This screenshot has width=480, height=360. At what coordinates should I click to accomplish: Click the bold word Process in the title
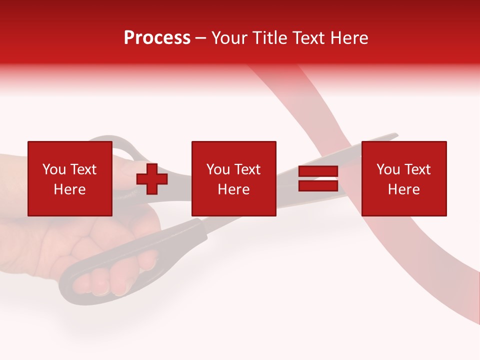click(x=157, y=38)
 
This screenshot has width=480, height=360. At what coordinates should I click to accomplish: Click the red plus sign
click(x=152, y=179)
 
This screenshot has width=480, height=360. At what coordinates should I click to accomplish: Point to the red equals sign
click(x=318, y=179)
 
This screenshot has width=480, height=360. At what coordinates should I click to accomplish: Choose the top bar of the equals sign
click(x=318, y=172)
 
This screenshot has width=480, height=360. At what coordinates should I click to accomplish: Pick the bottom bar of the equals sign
click(x=318, y=186)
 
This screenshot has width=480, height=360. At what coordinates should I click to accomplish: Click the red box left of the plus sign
click(x=69, y=178)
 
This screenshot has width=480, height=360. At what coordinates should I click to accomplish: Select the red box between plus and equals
click(x=233, y=178)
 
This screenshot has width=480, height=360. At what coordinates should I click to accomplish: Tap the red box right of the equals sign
click(x=403, y=178)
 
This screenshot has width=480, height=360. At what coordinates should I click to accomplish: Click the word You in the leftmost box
click(x=53, y=169)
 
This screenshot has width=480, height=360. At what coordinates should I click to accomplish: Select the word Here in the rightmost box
click(x=403, y=189)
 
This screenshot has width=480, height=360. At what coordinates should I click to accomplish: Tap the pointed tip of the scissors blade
click(x=396, y=134)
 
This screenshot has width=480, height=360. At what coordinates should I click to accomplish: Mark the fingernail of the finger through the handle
click(x=102, y=287)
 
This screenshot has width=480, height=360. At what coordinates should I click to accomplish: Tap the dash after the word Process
click(x=201, y=38)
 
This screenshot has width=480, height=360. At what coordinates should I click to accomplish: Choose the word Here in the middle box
click(x=233, y=189)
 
